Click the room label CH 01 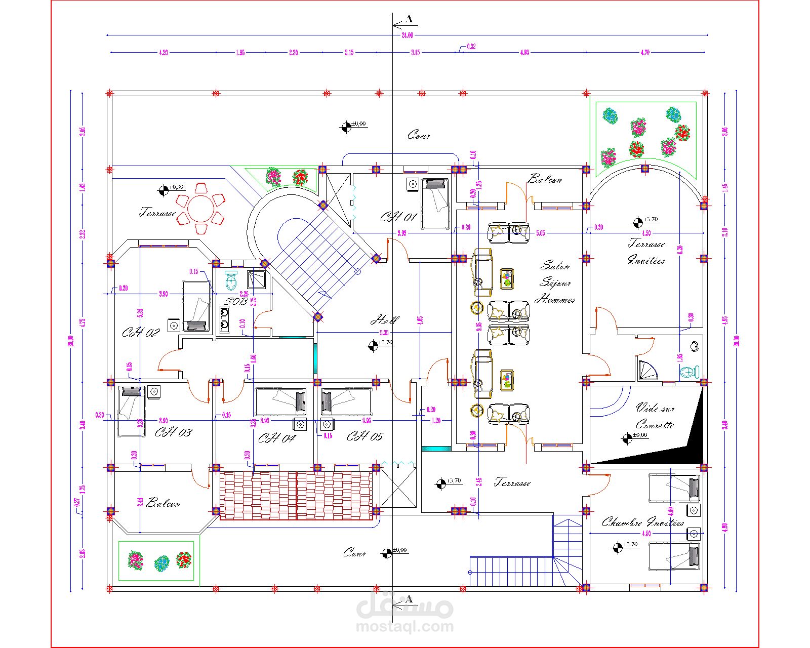398,218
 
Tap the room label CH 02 141,333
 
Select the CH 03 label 173,432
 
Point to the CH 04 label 276,438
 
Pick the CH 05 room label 365,436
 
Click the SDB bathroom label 236,302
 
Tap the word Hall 385,320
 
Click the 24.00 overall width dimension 407,35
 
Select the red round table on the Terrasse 201,208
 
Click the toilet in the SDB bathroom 231,280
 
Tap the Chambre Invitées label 642,522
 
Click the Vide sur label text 655,408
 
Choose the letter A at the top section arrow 409,19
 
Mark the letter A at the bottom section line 409,599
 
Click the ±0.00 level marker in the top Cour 346,127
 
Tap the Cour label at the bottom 354,553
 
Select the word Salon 555,266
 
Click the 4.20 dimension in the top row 163,53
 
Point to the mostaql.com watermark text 405,627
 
